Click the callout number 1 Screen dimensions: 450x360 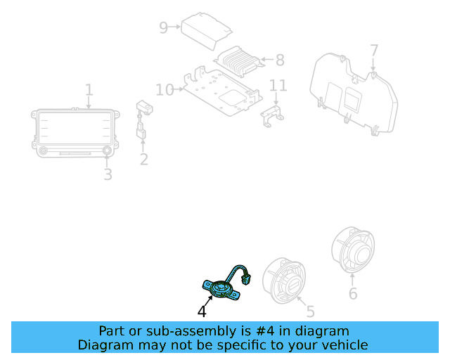pyautogui.click(x=89, y=90)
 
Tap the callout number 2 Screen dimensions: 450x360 pyautogui.click(x=144, y=160)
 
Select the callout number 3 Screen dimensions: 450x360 pyautogui.click(x=108, y=174)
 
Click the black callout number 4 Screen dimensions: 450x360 pyautogui.click(x=202, y=311)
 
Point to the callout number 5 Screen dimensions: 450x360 pyautogui.click(x=311, y=311)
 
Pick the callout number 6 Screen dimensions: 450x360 pyautogui.click(x=353, y=293)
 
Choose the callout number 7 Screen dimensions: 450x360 pyautogui.click(x=374, y=51)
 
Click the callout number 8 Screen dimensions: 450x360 pyautogui.click(x=280, y=60)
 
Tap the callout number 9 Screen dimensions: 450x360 pyautogui.click(x=163, y=27)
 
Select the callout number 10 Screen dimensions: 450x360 pyautogui.click(x=165, y=90)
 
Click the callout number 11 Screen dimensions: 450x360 pyautogui.click(x=278, y=85)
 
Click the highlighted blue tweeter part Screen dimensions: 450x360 pyautogui.click(x=221, y=288)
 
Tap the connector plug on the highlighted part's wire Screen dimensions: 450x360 pyautogui.click(x=246, y=279)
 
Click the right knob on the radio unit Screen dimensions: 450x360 pyautogui.click(x=107, y=150)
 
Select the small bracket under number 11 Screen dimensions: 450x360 pyautogui.click(x=272, y=116)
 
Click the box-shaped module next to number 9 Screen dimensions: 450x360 pyautogui.click(x=206, y=31)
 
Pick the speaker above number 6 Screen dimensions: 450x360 pyautogui.click(x=353, y=250)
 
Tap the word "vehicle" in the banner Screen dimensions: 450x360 pyautogui.click(x=348, y=345)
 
